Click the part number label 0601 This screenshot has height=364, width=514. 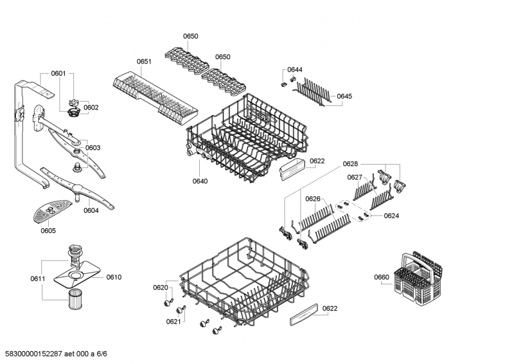pyautogui.click(x=58, y=74)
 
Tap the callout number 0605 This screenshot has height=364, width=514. pyautogui.click(x=48, y=230)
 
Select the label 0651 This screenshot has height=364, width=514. pyautogui.click(x=144, y=62)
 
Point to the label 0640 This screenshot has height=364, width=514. pyautogui.click(x=200, y=181)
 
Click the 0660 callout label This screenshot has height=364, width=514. pyautogui.click(x=382, y=277)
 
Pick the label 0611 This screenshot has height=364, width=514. pyautogui.click(x=37, y=278)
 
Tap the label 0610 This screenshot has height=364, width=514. pyautogui.click(x=114, y=277)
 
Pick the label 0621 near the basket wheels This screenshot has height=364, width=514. pyautogui.click(x=173, y=322)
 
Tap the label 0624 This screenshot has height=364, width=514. pyautogui.click(x=392, y=216)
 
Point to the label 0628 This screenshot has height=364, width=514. pyautogui.click(x=350, y=165)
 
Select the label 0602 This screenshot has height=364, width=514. pyautogui.click(x=91, y=107)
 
